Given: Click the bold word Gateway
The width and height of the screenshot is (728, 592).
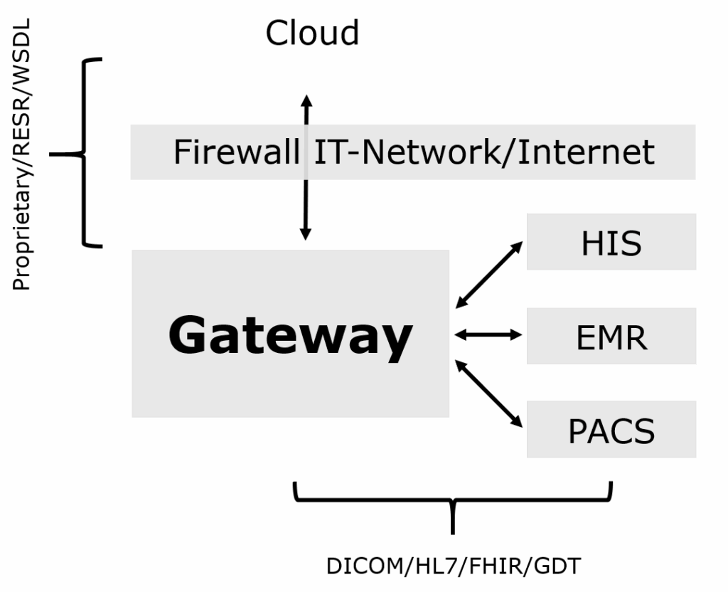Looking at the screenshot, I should (x=290, y=335).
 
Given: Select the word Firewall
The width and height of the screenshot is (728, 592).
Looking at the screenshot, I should (x=236, y=152).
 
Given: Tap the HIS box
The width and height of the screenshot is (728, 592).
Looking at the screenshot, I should (x=611, y=243).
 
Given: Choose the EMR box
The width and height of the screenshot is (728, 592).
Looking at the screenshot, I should (x=611, y=337).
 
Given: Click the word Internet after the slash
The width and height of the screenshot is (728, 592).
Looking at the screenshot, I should (x=585, y=152).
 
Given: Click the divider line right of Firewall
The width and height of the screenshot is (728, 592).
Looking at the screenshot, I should (x=306, y=152).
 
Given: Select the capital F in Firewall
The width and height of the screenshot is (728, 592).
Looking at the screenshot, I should (x=181, y=152).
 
